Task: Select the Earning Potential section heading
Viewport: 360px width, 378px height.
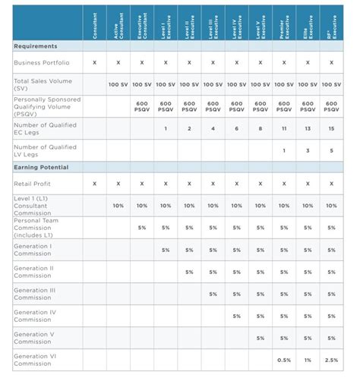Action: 41,167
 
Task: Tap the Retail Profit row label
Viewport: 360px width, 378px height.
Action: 31,184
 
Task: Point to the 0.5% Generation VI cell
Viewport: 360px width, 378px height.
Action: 284,360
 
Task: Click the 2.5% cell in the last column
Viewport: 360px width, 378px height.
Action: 331,360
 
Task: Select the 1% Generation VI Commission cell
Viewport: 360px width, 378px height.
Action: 308,360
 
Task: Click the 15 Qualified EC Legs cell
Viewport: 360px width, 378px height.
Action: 331,129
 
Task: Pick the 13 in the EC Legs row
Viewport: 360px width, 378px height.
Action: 308,129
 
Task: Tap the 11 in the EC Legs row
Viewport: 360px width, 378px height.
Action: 284,129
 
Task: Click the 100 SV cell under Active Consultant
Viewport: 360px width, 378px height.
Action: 118,84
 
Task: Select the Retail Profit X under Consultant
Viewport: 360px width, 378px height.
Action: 94,184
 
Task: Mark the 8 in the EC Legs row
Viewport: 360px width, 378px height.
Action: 261,129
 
